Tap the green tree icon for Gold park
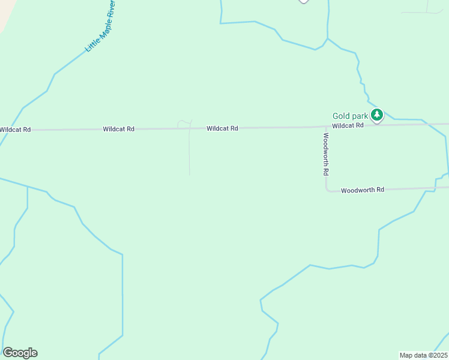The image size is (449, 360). click(376, 115)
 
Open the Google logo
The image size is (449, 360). click(20, 353)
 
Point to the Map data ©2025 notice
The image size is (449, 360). click(424, 355)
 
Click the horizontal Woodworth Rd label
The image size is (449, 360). click(363, 190)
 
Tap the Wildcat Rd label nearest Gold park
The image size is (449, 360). click(348, 125)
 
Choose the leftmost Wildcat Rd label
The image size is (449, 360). click(15, 130)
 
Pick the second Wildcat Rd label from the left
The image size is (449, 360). click(118, 129)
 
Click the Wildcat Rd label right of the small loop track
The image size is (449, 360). click(222, 128)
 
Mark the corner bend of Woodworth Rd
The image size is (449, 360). click(328, 190)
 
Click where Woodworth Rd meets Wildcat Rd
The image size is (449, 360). click(326, 127)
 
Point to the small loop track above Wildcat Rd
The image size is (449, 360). click(184, 124)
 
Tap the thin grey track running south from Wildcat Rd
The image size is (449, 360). click(190, 153)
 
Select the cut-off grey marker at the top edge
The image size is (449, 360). click(304, 1)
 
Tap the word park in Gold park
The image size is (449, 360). click(360, 116)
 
